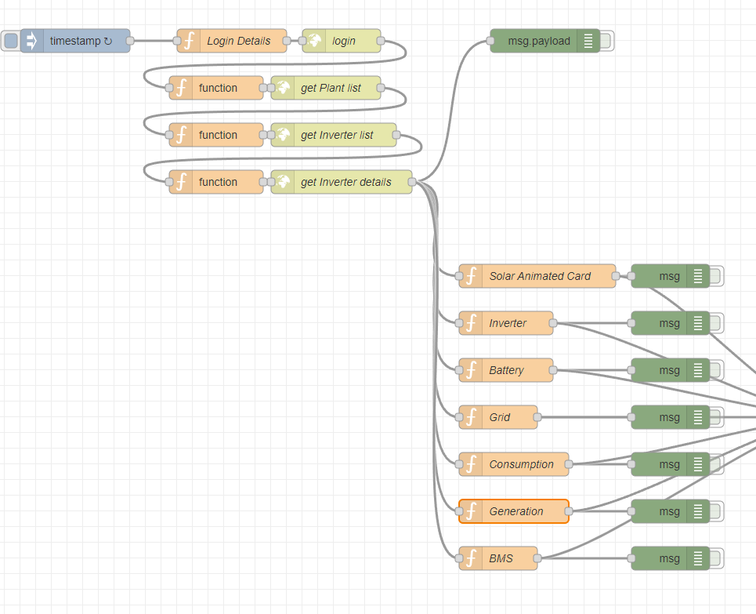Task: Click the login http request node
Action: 343,41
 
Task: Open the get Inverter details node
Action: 345,182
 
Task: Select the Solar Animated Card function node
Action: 540,276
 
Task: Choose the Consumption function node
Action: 521,464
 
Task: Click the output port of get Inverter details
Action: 412,182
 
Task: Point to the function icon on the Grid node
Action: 471,417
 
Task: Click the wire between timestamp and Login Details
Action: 154,41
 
